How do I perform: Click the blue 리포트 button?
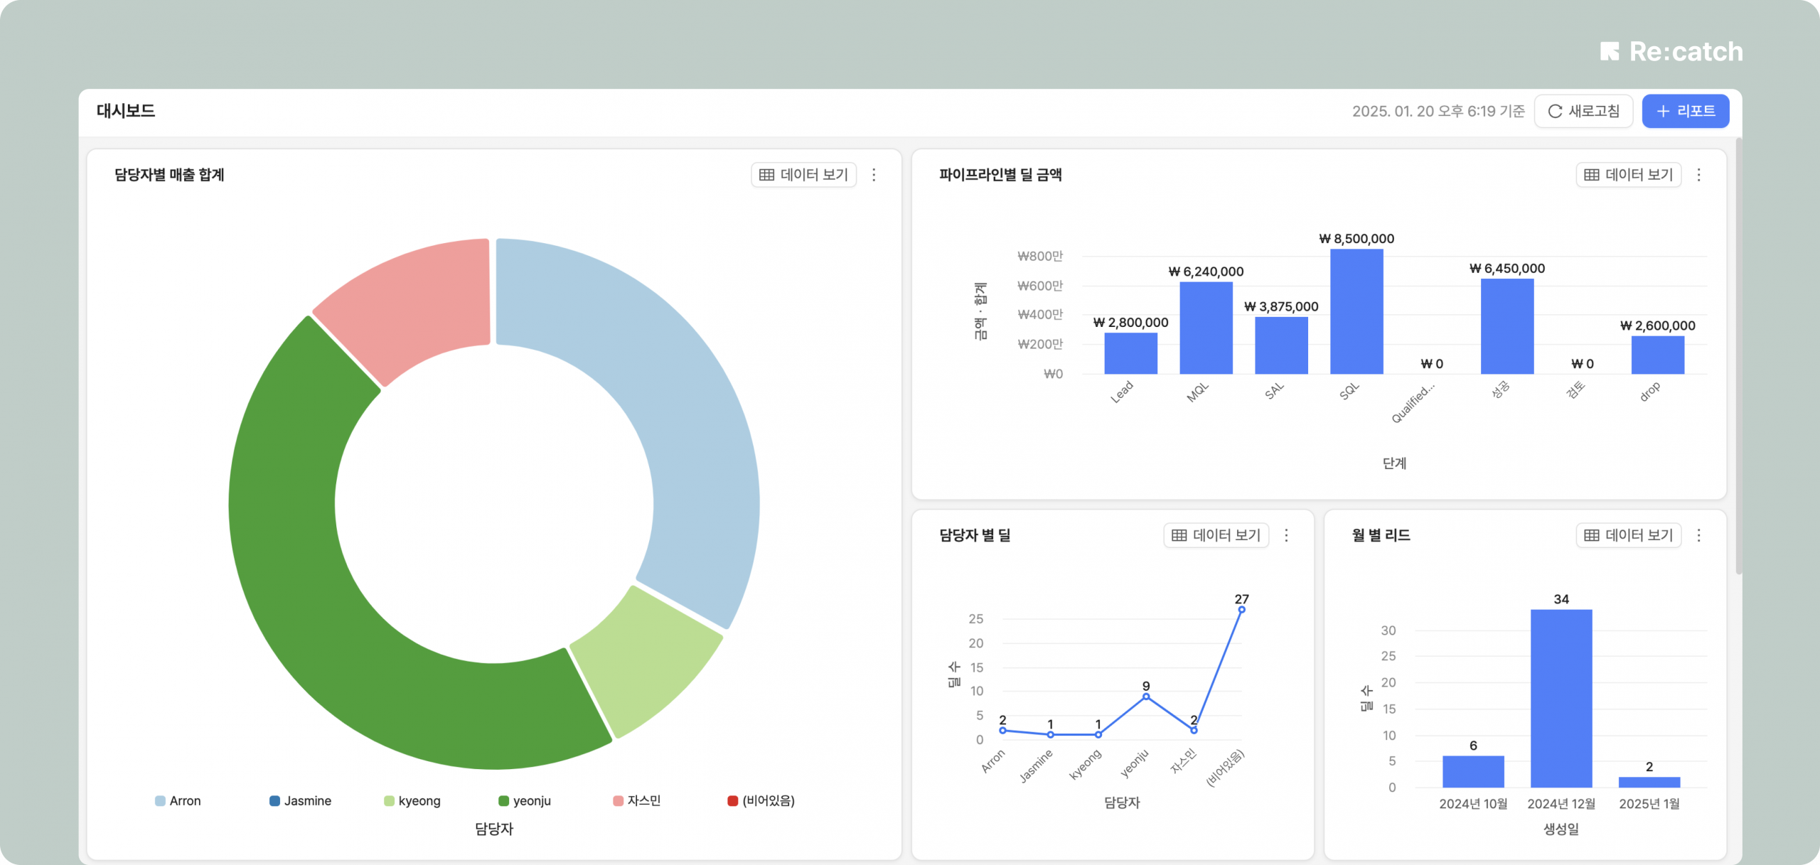coord(1685,111)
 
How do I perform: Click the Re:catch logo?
coord(1671,51)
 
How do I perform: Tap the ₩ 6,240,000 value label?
coord(1206,272)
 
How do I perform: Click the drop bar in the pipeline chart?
coord(1657,355)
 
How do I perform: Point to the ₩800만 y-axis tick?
coord(1040,256)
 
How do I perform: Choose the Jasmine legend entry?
coord(300,801)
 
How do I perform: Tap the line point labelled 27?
coord(1241,610)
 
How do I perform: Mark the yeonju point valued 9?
coord(1146,697)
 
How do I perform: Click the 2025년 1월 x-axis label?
coord(1649,804)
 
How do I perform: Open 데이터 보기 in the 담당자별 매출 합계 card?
coord(803,175)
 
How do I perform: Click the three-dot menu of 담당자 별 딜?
coord(1286,535)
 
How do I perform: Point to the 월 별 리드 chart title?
coord(1381,535)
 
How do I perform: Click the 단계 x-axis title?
coord(1394,463)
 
